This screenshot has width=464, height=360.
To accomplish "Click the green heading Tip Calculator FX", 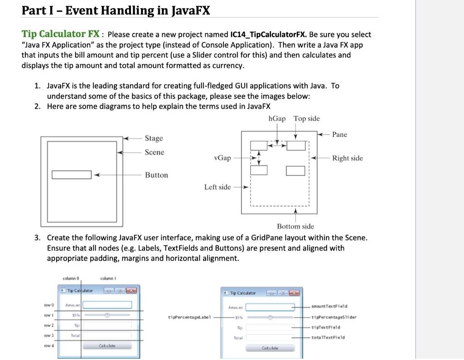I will (61, 34).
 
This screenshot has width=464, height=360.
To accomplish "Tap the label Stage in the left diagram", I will (154, 138).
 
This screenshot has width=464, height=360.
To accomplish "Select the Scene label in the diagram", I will (155, 152).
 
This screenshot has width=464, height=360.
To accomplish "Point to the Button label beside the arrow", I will (156, 175).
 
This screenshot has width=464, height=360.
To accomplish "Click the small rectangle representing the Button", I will (72, 175).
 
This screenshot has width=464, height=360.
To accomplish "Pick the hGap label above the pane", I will (277, 119).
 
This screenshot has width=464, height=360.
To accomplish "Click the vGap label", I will (222, 158).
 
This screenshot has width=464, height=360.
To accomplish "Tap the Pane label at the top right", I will (339, 134).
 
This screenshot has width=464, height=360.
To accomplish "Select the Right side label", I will (347, 158).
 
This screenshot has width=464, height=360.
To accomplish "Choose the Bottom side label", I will (295, 226).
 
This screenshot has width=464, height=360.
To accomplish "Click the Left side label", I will (217, 187).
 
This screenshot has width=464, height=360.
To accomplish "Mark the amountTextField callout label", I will (329, 307).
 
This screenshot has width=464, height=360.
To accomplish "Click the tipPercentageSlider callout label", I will (333, 317).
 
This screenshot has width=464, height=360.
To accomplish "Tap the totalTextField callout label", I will (329, 337).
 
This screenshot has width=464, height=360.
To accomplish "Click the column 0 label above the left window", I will (71, 278).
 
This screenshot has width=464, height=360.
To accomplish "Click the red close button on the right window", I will (295, 293).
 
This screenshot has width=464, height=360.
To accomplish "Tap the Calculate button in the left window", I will (107, 346).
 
